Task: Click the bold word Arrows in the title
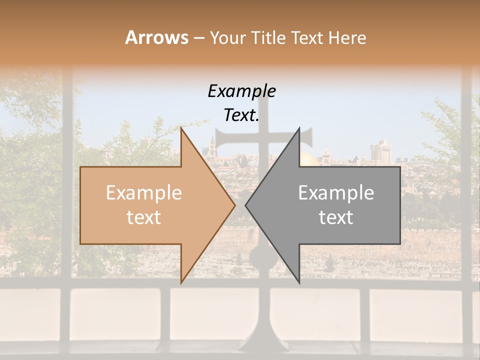tap(156, 37)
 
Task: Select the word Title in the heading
tap(268, 37)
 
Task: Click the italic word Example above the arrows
tap(241, 91)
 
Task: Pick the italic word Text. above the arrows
tap(241, 115)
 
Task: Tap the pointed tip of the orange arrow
tap(234, 205)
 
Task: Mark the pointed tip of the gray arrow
tap(246, 205)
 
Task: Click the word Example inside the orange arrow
tap(144, 193)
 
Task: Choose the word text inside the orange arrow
tap(144, 217)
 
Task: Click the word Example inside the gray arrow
tap(336, 193)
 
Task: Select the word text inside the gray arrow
tap(336, 217)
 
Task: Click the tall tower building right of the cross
tap(381, 150)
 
